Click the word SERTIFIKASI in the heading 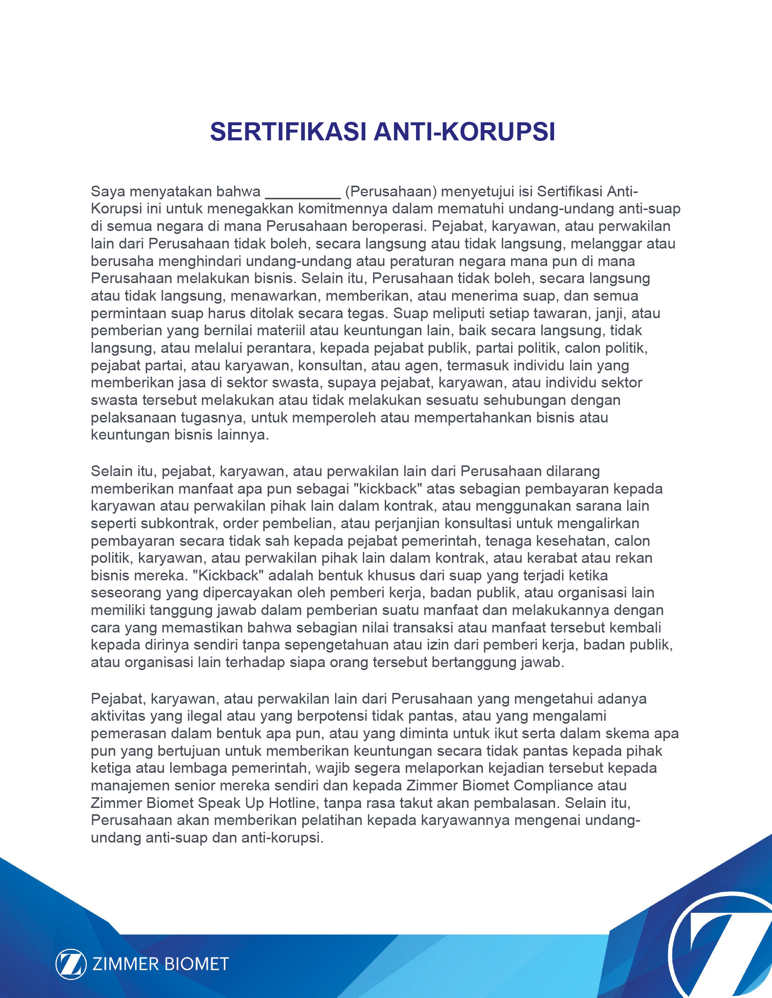pyautogui.click(x=288, y=132)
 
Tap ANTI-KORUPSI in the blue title pyautogui.click(x=465, y=132)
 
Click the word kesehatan pyautogui.click(x=573, y=541)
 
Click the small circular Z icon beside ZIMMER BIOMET pyautogui.click(x=70, y=964)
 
